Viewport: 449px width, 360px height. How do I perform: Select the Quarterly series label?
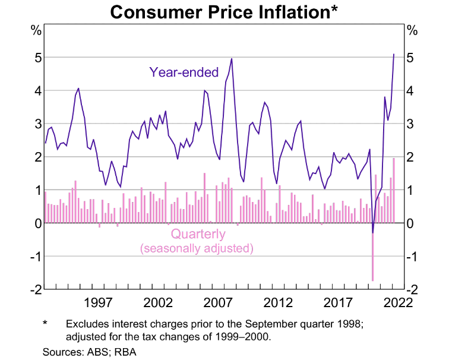point(198,234)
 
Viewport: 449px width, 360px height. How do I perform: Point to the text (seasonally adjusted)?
point(197,248)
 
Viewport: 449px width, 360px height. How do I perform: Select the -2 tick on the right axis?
point(412,290)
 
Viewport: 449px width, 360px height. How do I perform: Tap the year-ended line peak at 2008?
point(231,58)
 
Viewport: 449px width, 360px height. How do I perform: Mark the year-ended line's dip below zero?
point(373,232)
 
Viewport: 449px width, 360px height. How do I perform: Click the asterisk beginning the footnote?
point(45,324)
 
